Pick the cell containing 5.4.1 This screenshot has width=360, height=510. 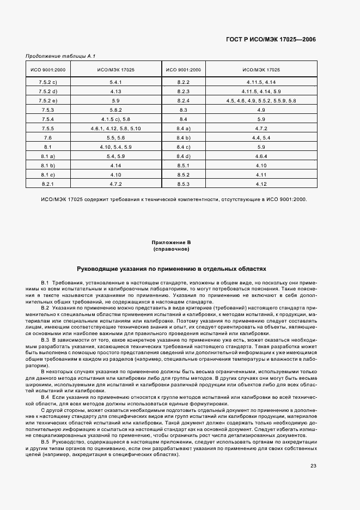click(x=115, y=81)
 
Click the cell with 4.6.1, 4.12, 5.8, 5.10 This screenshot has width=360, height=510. click(x=115, y=128)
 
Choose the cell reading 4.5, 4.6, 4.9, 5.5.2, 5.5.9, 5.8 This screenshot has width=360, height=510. click(x=261, y=100)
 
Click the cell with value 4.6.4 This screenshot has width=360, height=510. click(x=261, y=156)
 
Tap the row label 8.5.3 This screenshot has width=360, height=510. click(x=183, y=185)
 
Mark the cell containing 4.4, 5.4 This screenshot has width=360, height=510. click(x=261, y=138)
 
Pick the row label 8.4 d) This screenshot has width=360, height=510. click(x=183, y=156)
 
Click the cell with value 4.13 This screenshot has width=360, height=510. click(x=115, y=91)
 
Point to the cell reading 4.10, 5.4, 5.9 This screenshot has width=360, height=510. click(x=115, y=147)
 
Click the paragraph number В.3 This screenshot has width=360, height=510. click(x=45, y=340)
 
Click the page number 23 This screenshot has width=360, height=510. click(x=313, y=465)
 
